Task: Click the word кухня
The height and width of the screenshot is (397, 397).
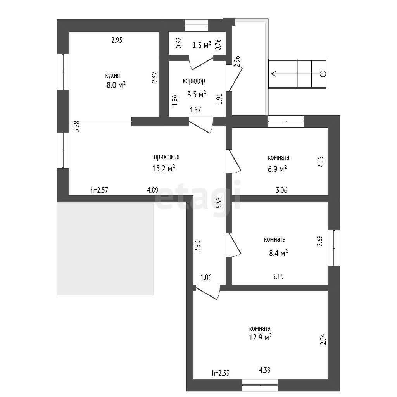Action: point(112,76)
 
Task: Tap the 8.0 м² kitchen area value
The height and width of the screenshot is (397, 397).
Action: point(116,85)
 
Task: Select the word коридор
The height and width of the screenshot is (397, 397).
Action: point(194,81)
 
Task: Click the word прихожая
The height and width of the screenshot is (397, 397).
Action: point(167,157)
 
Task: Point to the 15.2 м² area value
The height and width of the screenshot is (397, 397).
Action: point(164,168)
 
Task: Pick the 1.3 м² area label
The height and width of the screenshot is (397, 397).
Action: point(202,45)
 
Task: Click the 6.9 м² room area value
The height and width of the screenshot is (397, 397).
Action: point(277,169)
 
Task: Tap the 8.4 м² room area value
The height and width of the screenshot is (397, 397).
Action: point(278,253)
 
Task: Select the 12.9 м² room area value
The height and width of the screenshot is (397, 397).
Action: point(261,337)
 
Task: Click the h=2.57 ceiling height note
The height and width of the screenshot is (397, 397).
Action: point(100,190)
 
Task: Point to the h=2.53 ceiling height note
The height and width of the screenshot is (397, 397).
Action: point(221,373)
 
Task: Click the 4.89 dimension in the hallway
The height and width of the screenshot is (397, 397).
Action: point(153,190)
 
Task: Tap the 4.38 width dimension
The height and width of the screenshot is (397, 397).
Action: point(265,370)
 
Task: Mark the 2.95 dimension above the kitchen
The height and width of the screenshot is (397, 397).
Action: point(117,40)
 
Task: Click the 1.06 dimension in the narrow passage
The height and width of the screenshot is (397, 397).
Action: point(206,278)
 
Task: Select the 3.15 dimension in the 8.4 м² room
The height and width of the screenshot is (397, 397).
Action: point(278,276)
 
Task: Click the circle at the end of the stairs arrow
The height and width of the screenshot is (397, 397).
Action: point(323,74)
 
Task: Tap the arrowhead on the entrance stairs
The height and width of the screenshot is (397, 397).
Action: point(273,74)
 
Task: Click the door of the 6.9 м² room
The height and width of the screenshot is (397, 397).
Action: point(233,161)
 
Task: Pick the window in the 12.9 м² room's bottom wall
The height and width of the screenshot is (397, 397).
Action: point(260,385)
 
